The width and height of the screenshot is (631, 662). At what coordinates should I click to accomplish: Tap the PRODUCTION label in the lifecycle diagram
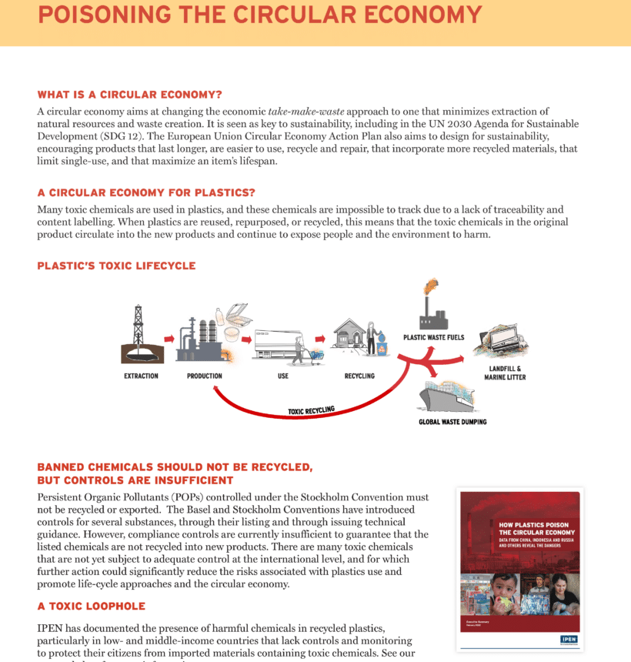coord(205,376)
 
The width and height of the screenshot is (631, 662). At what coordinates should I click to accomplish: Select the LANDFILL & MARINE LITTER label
coord(505,373)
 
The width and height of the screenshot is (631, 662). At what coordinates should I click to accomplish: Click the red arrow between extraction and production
coord(169,338)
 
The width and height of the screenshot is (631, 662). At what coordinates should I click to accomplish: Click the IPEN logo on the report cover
coord(569,640)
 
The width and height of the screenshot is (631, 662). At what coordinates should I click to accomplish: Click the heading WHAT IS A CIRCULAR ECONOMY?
coord(129,95)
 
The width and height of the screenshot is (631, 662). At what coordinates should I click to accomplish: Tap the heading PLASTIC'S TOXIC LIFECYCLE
coord(116,266)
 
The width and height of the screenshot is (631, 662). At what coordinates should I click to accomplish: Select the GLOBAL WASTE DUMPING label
coord(452,422)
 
